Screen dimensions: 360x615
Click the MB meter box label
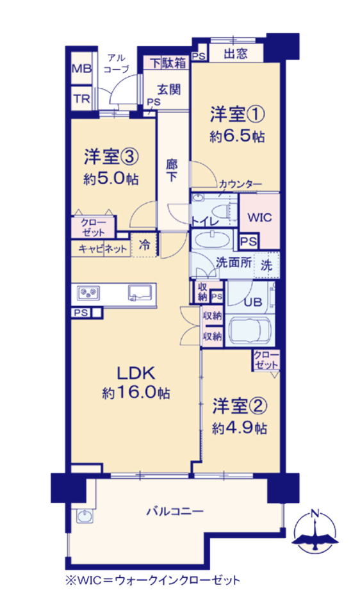tap(81, 69)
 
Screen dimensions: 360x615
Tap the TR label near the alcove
tap(81, 99)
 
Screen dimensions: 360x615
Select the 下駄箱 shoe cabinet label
tap(168, 63)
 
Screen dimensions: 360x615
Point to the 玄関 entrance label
tap(169, 90)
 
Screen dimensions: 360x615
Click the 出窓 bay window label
tap(236, 53)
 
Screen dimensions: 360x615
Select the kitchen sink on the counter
tap(140, 292)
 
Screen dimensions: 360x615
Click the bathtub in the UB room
tap(249, 331)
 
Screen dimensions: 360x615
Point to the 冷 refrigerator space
tap(145, 245)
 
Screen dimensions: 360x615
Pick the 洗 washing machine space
tap(266, 265)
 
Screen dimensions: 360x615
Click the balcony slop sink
tap(83, 517)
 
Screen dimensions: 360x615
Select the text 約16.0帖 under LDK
tap(136, 393)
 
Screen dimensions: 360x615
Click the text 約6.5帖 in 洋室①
tap(237, 136)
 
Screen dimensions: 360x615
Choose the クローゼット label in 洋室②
tap(266, 360)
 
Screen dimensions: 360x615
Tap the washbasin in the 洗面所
tap(212, 240)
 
